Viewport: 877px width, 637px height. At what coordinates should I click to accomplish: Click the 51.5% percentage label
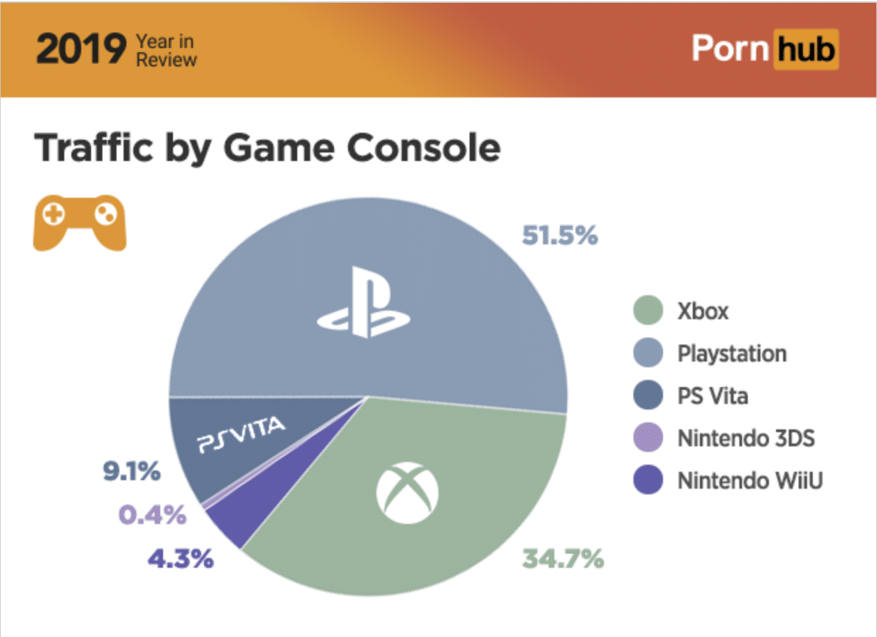[559, 236]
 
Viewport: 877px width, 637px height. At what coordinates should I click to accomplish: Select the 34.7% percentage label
[563, 559]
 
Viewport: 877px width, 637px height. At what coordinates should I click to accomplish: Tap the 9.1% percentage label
[133, 472]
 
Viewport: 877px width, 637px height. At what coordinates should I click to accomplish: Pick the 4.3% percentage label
[180, 559]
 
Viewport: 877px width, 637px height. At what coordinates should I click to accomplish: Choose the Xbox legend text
[703, 311]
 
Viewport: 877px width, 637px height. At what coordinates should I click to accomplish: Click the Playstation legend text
[732, 354]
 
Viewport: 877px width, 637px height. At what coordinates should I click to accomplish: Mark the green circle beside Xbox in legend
[648, 311]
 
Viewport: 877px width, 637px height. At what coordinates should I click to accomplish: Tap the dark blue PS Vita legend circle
[648, 395]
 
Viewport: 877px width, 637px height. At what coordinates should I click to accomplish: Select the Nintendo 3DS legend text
[746, 438]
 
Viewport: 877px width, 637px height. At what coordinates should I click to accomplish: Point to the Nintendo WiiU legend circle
[648, 480]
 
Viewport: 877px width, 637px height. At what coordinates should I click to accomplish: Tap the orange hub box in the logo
[806, 49]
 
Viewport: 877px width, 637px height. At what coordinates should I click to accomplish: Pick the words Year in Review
[167, 51]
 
